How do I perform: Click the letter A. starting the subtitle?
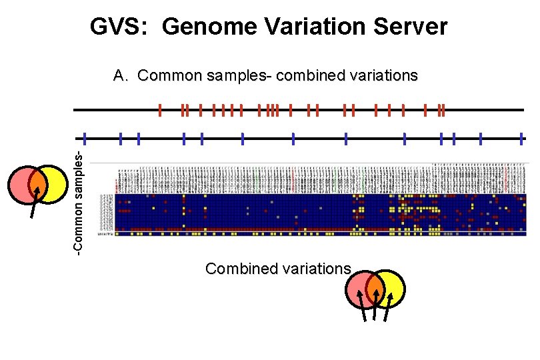[121, 75]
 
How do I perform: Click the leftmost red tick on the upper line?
[160, 110]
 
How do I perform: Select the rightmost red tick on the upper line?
[443, 110]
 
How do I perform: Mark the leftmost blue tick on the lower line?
[85, 139]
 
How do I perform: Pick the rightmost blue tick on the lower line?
[521, 139]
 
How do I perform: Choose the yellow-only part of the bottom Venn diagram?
[394, 289]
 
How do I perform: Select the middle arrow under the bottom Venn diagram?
[375, 310]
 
